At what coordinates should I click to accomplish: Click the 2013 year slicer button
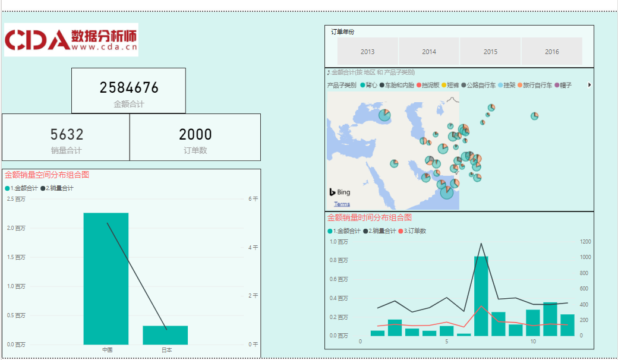367,52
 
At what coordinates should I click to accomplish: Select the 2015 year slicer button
490,52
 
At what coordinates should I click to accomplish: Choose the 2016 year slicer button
551,52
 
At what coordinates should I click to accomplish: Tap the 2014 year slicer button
429,52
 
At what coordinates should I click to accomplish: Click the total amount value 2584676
129,88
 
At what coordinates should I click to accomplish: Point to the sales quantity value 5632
67,135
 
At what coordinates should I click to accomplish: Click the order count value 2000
195,135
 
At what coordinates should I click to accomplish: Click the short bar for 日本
165,335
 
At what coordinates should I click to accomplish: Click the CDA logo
71,40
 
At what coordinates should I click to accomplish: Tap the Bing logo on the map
340,192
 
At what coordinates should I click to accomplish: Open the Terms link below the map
342,204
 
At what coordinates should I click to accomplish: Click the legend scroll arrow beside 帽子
589,85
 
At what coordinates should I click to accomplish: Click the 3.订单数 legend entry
412,231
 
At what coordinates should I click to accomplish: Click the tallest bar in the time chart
481,296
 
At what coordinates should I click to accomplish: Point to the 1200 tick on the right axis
585,242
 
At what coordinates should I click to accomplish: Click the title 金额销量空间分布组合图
47,175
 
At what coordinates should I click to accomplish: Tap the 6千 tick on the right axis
253,199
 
